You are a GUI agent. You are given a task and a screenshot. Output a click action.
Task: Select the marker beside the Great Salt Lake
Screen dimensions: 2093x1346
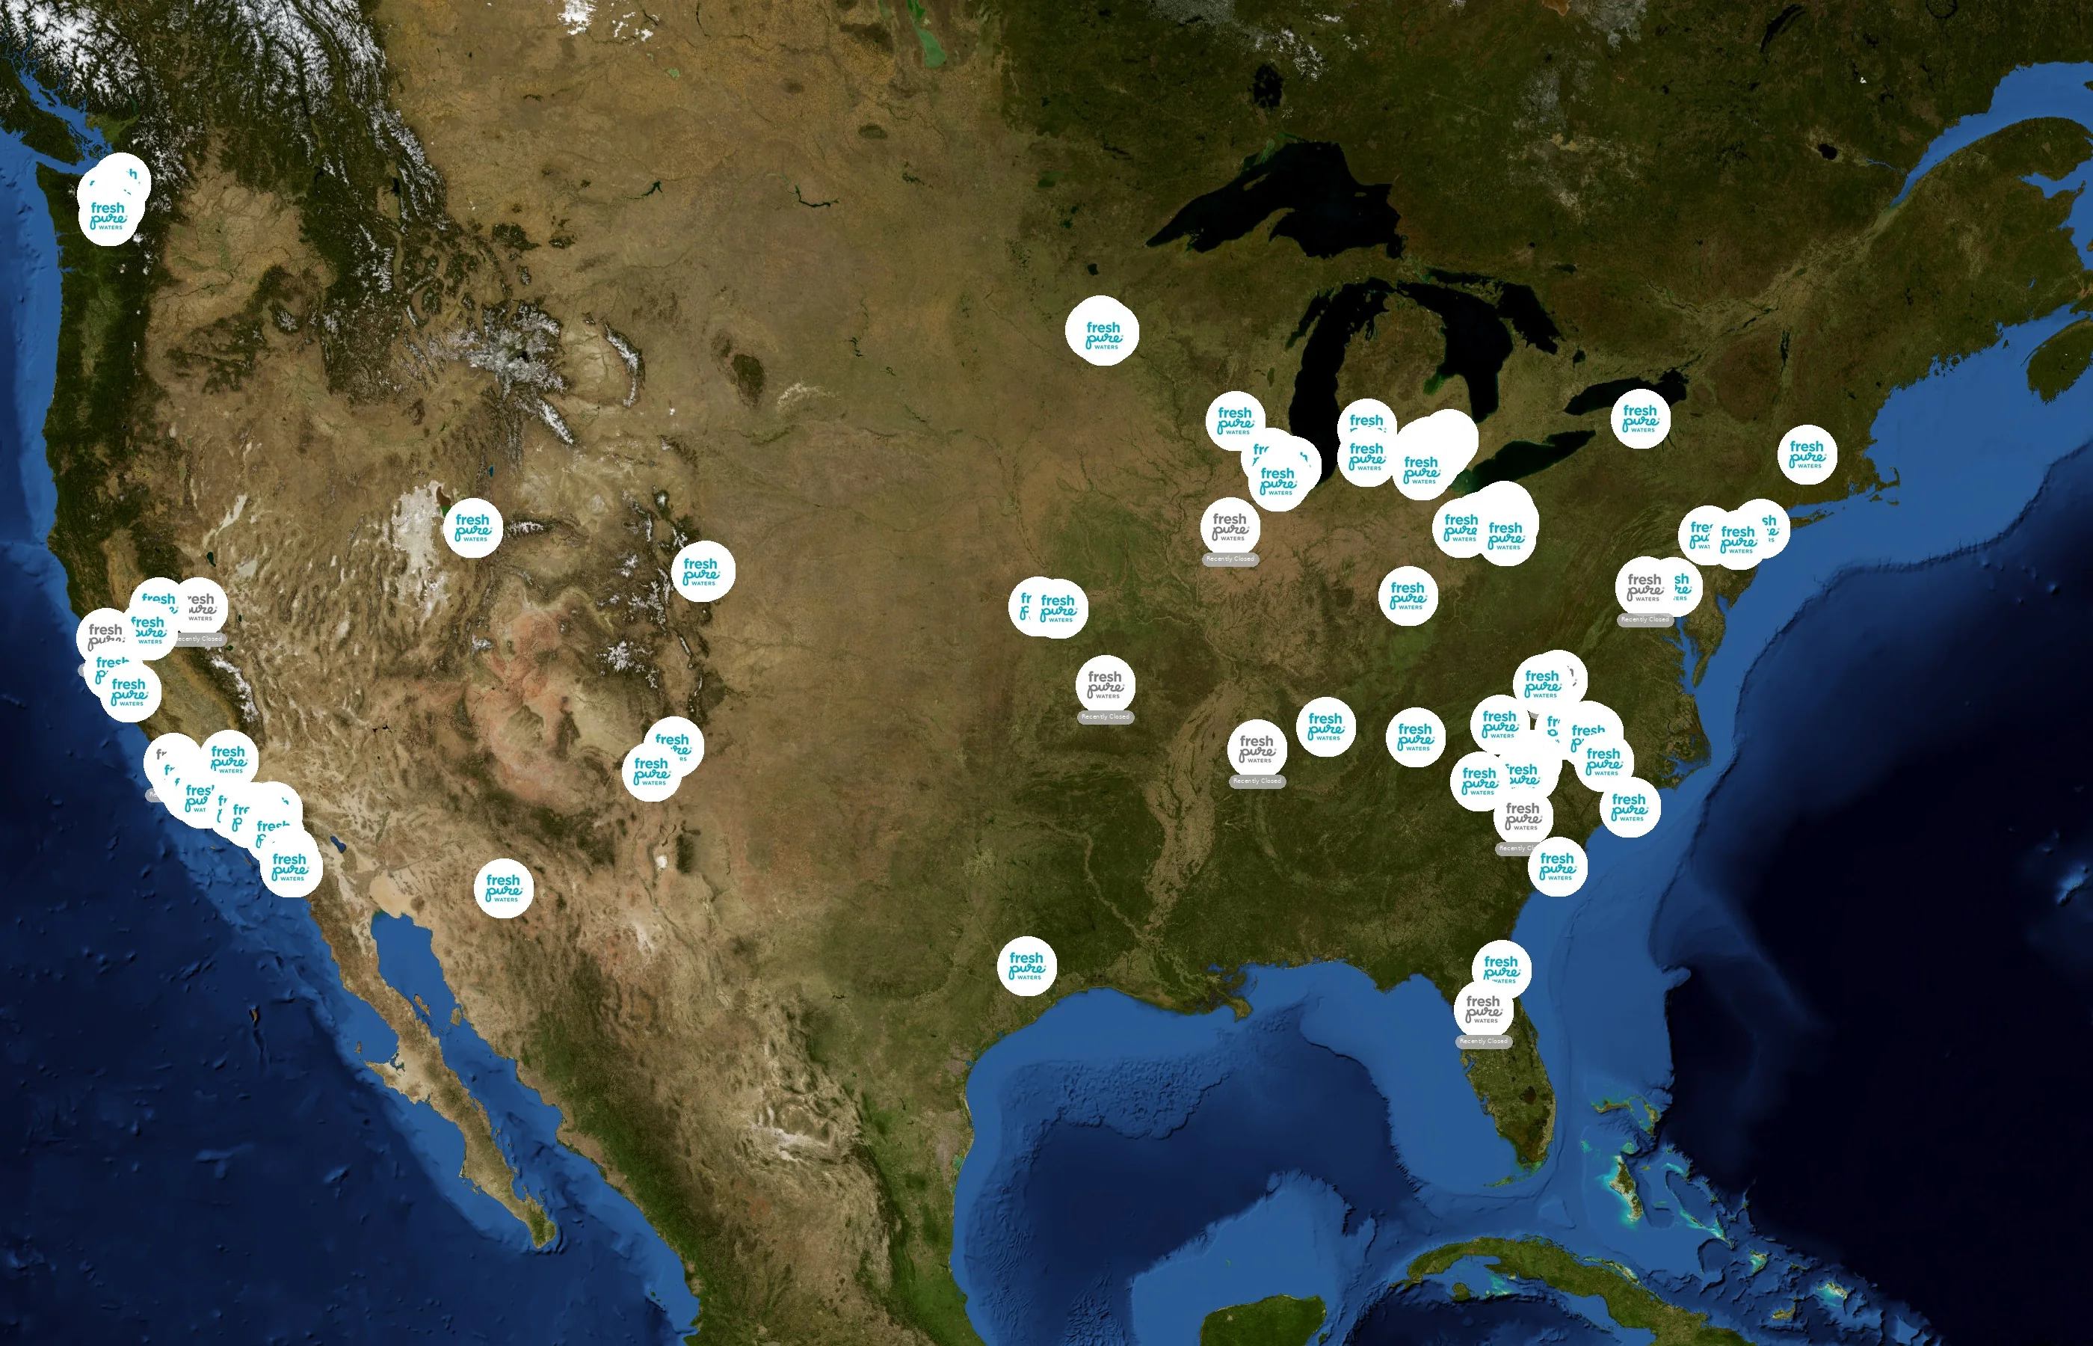click(472, 528)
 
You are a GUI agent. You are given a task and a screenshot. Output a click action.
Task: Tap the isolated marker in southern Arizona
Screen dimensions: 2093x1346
click(503, 889)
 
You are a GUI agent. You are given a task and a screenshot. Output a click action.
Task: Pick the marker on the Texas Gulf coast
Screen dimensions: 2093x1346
click(1026, 967)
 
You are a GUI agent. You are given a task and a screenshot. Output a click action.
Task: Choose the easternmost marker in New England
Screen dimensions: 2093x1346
click(1807, 455)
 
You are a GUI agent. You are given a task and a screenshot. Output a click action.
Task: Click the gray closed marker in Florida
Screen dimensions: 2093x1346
click(1483, 1009)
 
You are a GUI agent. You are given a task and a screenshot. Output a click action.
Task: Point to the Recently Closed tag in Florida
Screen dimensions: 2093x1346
click(1483, 1041)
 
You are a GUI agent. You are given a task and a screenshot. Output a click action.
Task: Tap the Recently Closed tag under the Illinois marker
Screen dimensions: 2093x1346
click(1230, 559)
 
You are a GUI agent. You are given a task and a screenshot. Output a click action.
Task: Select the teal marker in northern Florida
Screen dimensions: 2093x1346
click(1501, 969)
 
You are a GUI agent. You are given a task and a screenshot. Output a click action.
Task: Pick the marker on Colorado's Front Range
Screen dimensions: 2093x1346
click(703, 571)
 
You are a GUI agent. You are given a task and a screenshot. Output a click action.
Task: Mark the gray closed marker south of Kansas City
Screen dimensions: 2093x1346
click(1105, 684)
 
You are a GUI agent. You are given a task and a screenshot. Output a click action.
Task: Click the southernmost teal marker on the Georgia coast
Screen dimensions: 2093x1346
click(1558, 866)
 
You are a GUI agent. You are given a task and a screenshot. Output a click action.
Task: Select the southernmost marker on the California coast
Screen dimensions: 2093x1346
click(291, 866)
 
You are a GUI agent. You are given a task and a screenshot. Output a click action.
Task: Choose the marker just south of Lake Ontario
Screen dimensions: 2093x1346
click(1641, 419)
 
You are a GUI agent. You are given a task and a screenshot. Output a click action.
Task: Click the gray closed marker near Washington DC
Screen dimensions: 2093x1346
click(1645, 587)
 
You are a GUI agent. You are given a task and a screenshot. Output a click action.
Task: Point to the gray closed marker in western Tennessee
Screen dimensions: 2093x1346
click(1256, 749)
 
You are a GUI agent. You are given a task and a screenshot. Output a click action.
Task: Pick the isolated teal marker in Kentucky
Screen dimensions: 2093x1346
click(1408, 596)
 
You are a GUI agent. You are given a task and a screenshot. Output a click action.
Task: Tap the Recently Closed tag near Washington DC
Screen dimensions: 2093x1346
click(1645, 620)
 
